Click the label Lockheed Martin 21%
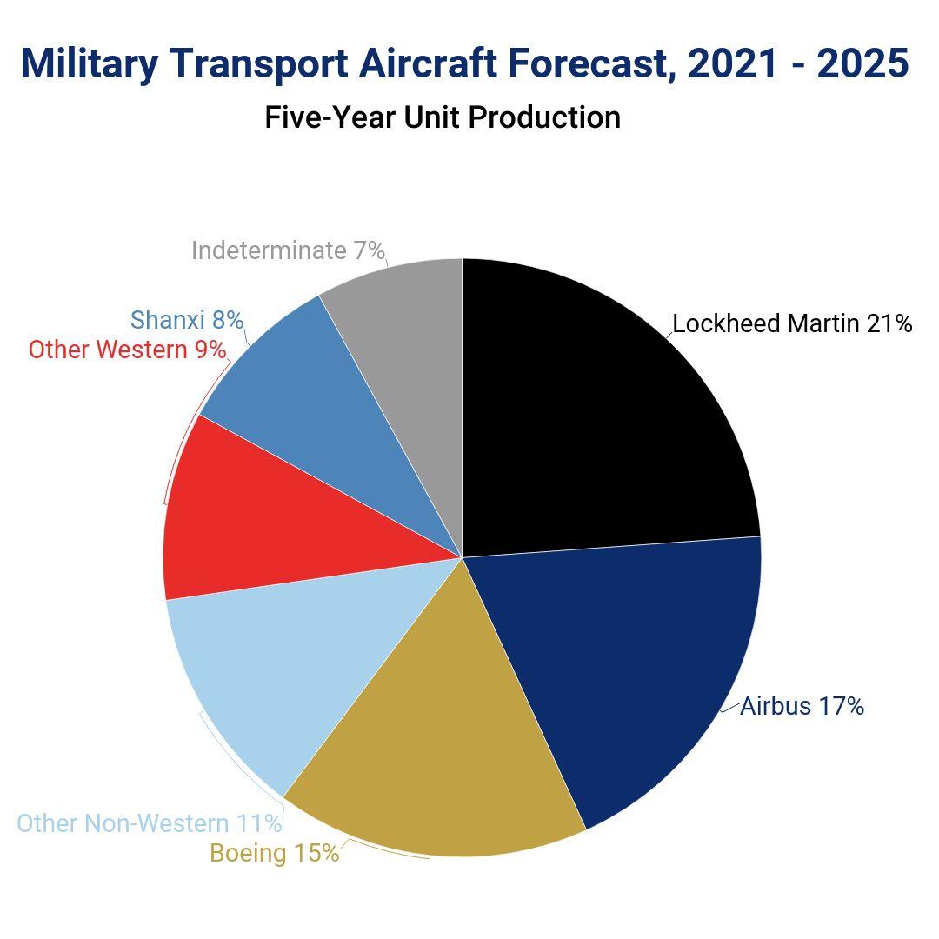click(792, 324)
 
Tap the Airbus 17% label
click(802, 706)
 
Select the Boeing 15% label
click(275, 853)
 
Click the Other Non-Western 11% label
click(150, 823)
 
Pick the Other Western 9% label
click(127, 350)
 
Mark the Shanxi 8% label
click(187, 320)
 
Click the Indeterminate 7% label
click(288, 250)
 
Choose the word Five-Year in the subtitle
click(330, 117)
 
